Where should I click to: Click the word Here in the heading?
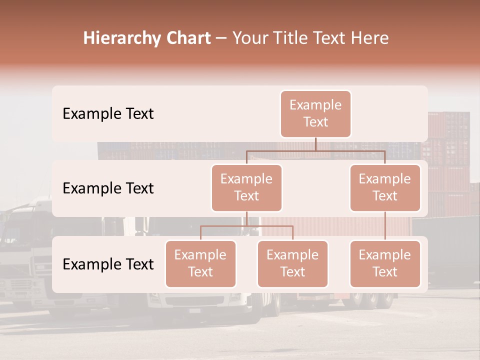tap(369, 38)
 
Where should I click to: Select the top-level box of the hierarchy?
tap(315, 113)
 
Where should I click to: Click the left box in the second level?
tap(246, 187)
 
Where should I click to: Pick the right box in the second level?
tap(385, 187)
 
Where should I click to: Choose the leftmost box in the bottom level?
tap(200, 263)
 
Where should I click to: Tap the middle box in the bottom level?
tap(292, 263)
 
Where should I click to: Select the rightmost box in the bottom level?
tap(385, 263)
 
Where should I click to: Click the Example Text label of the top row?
tap(108, 113)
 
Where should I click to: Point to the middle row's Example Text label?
tap(108, 188)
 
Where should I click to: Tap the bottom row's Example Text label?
tap(108, 264)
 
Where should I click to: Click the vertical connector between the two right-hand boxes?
tap(385, 225)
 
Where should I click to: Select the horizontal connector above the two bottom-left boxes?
tap(246, 226)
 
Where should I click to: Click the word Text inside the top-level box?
tap(315, 122)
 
